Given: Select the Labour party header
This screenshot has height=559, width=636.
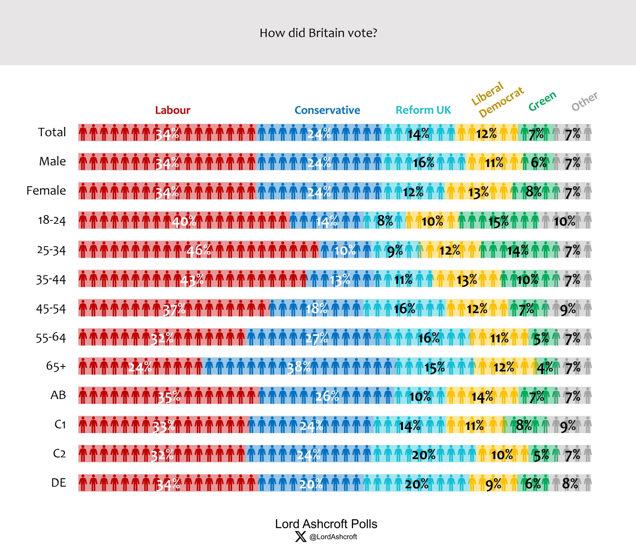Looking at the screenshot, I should [x=173, y=110].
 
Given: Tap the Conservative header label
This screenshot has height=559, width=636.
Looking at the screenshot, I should [x=327, y=110].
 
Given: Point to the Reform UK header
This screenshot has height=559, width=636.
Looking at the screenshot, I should [x=423, y=110].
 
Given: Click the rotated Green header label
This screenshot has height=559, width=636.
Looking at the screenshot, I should [x=542, y=101].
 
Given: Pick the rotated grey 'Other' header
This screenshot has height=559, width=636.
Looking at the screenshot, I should [x=584, y=101].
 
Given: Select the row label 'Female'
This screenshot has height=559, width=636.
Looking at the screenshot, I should [x=46, y=190].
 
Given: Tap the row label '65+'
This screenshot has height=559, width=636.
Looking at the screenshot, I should [x=56, y=366].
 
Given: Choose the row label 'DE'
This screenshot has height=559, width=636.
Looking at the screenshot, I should [x=58, y=483].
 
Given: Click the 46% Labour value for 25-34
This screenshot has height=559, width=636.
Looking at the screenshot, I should [x=199, y=250].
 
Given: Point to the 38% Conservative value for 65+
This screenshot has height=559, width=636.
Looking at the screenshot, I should [x=299, y=368].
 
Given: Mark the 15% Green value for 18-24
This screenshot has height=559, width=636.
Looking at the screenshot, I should [x=498, y=222].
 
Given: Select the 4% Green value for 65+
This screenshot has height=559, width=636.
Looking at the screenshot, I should [x=545, y=368].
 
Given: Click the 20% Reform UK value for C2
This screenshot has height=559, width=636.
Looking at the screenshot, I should [x=424, y=455].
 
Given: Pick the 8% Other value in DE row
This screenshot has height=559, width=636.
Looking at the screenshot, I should [x=570, y=484].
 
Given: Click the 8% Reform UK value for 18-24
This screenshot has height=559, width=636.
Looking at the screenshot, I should [x=385, y=221].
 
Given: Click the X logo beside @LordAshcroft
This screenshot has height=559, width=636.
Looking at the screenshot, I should [x=301, y=537].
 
